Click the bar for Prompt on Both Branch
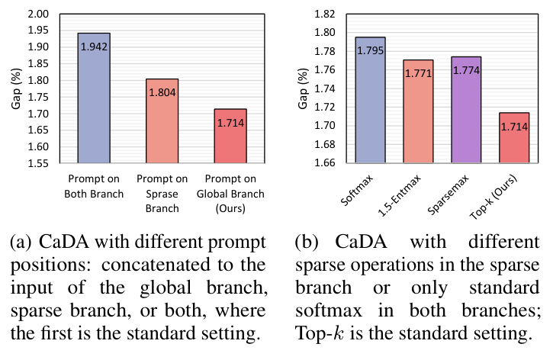click(99, 98)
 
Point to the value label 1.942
click(99, 47)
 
